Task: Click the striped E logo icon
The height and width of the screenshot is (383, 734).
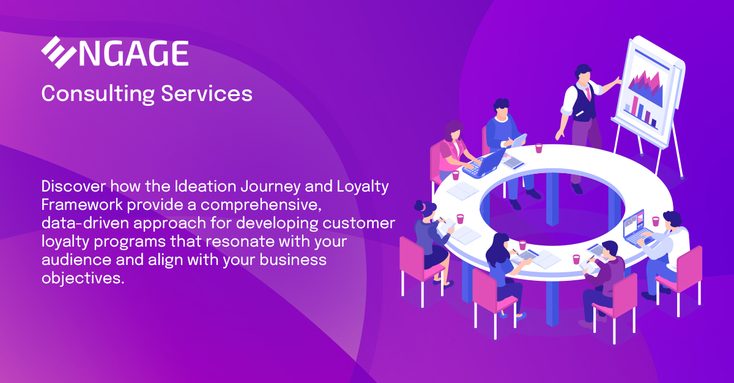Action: [x=59, y=53]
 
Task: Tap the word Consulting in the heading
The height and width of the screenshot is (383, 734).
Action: [x=98, y=94]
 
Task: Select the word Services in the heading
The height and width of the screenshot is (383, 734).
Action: [x=207, y=94]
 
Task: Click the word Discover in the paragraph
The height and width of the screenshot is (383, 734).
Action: [x=74, y=186]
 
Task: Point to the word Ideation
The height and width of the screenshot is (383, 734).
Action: [x=206, y=186]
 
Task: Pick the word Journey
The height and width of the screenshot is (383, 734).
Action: [x=270, y=187]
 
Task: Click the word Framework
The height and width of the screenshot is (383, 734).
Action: [x=82, y=205]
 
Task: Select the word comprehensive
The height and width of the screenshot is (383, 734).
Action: [x=261, y=206]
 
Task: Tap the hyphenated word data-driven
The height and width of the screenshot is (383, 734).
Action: [x=85, y=223]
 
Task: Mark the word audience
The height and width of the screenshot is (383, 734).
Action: [x=76, y=260]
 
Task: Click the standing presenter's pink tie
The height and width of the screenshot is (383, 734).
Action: [x=588, y=93]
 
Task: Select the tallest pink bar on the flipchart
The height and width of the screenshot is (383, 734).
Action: [x=635, y=106]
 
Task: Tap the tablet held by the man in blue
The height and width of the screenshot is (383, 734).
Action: [x=519, y=141]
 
